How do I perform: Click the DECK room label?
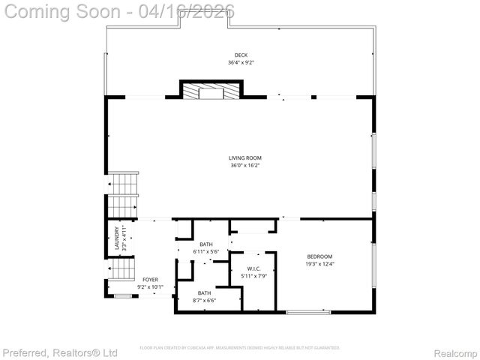click(240, 55)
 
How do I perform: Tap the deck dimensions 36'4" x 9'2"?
click(240, 62)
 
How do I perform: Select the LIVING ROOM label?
click(240, 157)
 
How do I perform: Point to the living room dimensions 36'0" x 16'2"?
click(240, 165)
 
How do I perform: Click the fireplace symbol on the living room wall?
click(211, 91)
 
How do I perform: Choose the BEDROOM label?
click(319, 256)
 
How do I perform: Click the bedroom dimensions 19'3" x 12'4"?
click(319, 264)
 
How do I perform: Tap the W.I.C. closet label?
click(253, 268)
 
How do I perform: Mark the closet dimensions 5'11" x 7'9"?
click(253, 275)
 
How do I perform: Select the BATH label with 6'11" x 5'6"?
click(206, 244)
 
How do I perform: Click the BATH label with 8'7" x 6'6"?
click(204, 292)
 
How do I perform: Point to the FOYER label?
click(150, 279)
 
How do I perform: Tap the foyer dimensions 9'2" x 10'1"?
click(150, 286)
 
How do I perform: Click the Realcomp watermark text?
click(455, 352)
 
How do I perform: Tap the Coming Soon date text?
click(118, 11)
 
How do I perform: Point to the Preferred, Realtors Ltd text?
click(60, 352)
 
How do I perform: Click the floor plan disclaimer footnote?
click(240, 348)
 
